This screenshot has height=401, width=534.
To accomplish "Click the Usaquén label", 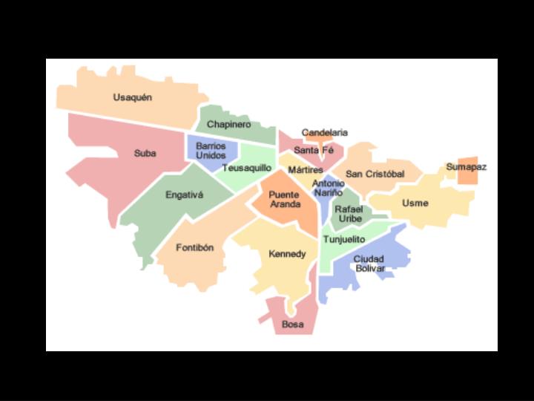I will [133, 97].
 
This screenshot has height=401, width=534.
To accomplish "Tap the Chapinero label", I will [228, 124].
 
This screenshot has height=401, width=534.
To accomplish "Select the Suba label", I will [145, 154].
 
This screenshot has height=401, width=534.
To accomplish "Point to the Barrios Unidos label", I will [211, 151].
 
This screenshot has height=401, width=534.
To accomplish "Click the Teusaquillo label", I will [247, 168].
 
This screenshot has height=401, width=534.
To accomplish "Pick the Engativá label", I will [184, 195].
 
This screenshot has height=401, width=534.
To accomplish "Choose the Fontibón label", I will [194, 247].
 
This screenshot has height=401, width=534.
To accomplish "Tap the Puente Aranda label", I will [285, 199].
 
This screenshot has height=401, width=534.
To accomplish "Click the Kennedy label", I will [287, 254].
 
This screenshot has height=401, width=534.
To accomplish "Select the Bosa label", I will [292, 325].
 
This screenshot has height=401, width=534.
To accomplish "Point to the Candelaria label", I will [324, 132].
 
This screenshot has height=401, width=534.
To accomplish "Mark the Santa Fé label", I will [314, 150].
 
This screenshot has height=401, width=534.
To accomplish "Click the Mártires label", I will [306, 169].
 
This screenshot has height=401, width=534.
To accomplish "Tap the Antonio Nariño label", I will [328, 188].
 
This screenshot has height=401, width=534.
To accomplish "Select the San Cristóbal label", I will [375, 174].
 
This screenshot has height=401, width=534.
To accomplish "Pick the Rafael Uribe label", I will [349, 214].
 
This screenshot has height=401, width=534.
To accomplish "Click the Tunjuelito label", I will [344, 239].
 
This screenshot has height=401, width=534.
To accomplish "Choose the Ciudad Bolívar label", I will [369, 264].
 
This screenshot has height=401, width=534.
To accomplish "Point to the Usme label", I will [415, 203].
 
